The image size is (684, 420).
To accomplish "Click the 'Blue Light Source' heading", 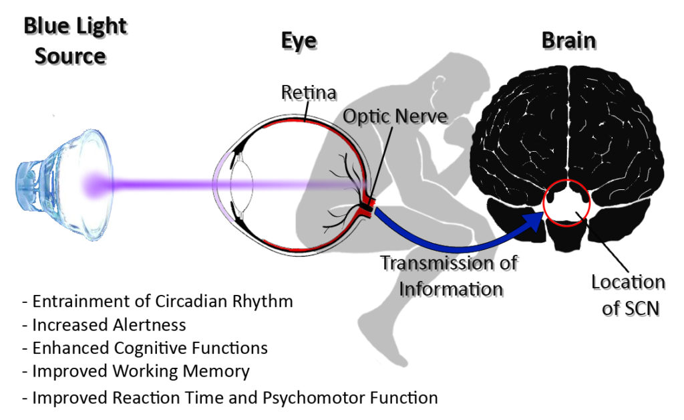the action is click(x=75, y=41).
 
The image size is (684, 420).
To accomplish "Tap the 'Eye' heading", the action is click(x=299, y=41).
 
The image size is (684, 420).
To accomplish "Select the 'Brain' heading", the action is click(x=569, y=41).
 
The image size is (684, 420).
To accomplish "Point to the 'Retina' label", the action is click(x=309, y=92).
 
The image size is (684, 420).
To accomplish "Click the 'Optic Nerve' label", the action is click(x=395, y=116).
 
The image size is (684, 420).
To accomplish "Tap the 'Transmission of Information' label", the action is click(x=450, y=276).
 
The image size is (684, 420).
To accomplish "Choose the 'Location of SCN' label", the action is click(x=629, y=295).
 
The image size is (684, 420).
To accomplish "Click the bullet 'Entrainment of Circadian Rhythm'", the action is click(x=158, y=301).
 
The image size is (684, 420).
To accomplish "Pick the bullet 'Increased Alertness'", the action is click(x=104, y=325).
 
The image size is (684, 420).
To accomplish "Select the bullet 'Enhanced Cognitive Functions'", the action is click(x=145, y=348).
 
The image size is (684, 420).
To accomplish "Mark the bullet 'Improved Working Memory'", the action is click(x=136, y=372).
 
